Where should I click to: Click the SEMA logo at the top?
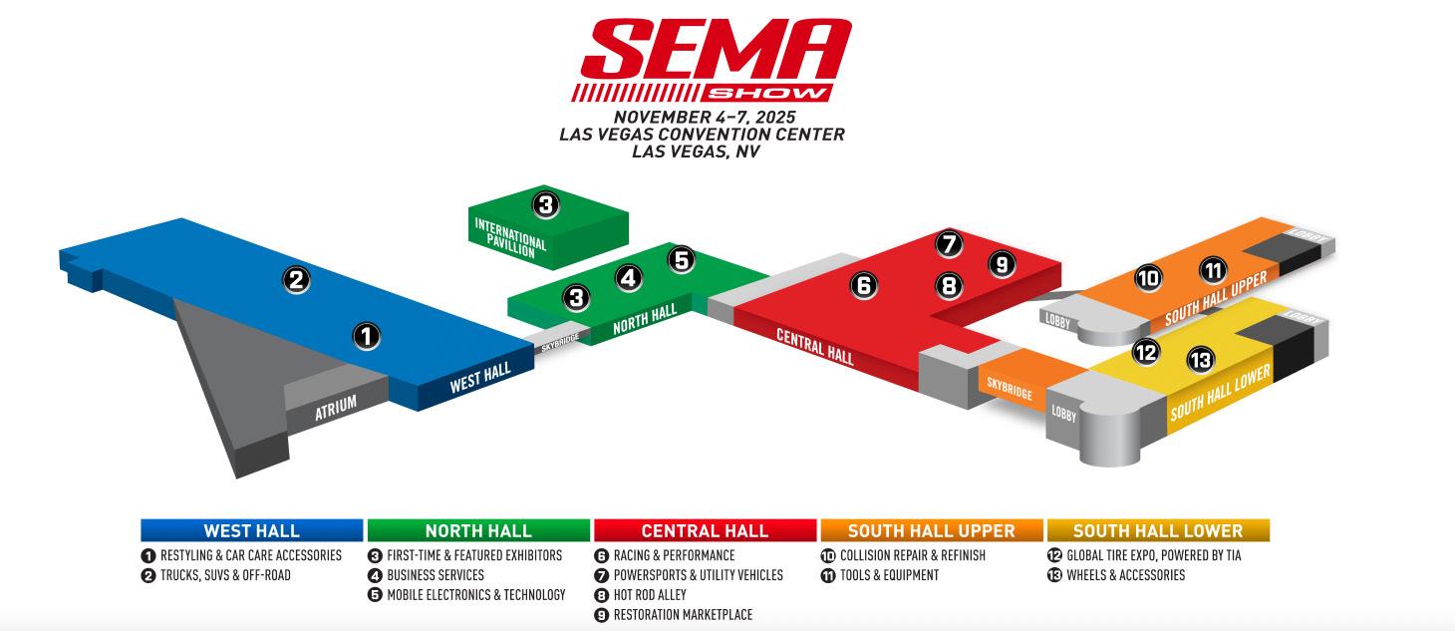point(710,60)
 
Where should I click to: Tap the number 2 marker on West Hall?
point(295,279)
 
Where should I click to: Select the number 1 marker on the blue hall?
point(368,337)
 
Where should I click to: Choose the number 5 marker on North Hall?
point(681,260)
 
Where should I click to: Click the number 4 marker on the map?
point(629,278)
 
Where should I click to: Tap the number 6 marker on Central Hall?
point(864,286)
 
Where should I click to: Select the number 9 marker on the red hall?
point(1002,264)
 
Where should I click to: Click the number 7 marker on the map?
point(949,243)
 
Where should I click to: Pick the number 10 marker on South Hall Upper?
point(1148,279)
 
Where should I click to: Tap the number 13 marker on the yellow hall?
point(1201,360)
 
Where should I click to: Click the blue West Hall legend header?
point(251,530)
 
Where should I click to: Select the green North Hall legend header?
point(478,530)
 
